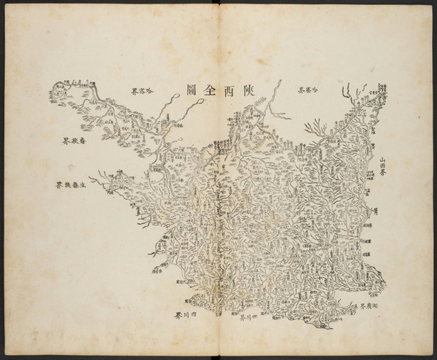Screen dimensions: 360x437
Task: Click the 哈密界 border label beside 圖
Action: tap(143, 91)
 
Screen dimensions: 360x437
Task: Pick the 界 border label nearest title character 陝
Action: tap(309, 90)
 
